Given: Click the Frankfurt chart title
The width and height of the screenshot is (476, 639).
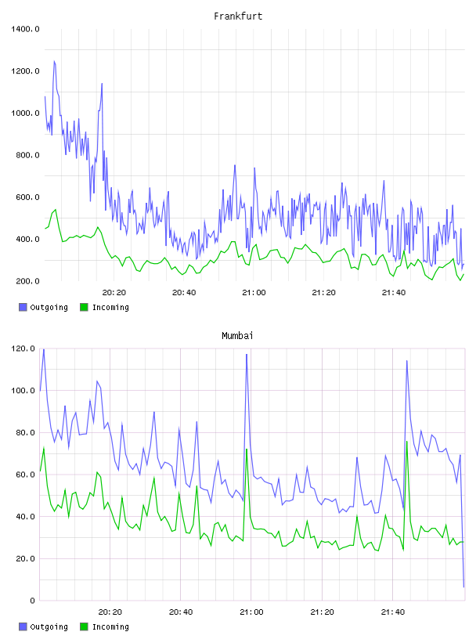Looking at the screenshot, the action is [x=238, y=16].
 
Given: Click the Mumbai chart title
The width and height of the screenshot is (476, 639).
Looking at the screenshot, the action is [x=237, y=335].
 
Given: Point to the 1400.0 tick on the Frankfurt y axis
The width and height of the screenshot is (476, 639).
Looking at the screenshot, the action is [x=25, y=29].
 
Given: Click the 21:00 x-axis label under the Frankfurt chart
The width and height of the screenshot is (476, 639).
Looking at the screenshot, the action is [x=254, y=292].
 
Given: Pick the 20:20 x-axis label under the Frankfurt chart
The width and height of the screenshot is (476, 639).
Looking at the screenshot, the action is [x=114, y=292].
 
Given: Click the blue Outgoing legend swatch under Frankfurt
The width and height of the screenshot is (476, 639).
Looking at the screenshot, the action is [x=23, y=307].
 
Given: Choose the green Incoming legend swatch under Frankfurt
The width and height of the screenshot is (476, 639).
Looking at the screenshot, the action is [x=84, y=307].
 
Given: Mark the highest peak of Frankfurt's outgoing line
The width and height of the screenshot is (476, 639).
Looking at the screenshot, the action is [x=54, y=62].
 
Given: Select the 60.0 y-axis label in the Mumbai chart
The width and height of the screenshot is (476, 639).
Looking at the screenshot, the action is [x=25, y=475].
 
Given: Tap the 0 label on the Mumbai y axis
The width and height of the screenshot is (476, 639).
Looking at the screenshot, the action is [x=32, y=601].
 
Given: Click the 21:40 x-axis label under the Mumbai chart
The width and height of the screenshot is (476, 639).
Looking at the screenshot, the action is [x=393, y=612].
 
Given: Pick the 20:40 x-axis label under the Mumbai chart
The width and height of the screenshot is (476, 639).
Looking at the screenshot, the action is [x=181, y=612].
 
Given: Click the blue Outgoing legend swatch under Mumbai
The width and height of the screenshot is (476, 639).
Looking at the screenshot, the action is [x=23, y=626].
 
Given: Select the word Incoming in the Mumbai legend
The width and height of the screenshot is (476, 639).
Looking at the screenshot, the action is [x=110, y=626].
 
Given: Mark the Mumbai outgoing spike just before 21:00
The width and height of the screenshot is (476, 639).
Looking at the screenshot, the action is [x=247, y=355].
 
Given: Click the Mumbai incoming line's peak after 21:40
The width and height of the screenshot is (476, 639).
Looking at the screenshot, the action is [x=407, y=442].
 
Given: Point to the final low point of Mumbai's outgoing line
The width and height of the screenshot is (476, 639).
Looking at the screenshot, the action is [x=463, y=587].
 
